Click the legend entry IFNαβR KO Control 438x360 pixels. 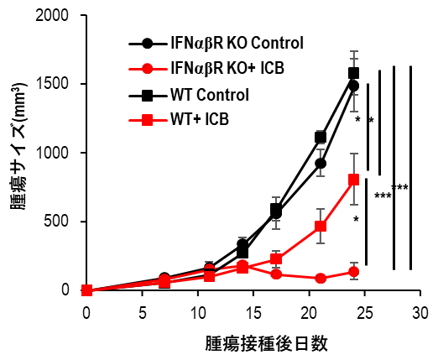[237, 43]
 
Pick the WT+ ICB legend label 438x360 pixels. [198, 120]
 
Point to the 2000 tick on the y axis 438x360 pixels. [57, 16]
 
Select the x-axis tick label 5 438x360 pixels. [141, 311]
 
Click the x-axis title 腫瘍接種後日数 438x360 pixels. [265, 343]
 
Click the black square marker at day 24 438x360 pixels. [353, 73]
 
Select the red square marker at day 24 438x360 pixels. [353, 180]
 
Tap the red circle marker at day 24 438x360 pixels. [353, 272]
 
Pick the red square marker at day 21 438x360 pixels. [321, 227]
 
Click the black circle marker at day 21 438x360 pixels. [321, 164]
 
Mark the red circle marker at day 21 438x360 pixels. [321, 279]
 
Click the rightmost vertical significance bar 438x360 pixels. [410, 168]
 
